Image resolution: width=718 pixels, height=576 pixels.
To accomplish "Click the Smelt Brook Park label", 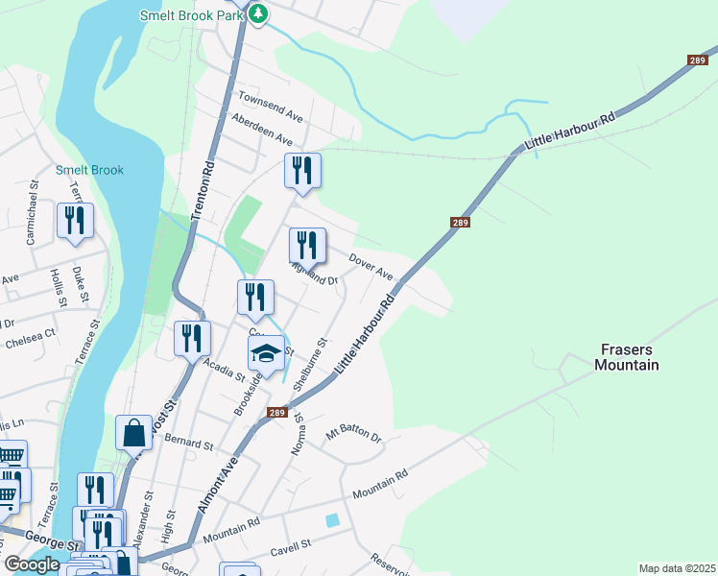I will point(190,15).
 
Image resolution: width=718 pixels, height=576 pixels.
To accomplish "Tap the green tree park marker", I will point(259,13).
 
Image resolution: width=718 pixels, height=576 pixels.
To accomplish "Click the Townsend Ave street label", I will point(271,107).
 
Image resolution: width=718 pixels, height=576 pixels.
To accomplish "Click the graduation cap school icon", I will point(266,353).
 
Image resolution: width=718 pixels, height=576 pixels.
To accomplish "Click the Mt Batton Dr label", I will point(353,434).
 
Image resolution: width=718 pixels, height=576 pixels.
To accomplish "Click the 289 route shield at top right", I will point(698,60).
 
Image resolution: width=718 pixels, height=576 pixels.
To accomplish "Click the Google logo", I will point(31,564).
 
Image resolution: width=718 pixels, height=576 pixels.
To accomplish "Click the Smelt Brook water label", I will point(89,170).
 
